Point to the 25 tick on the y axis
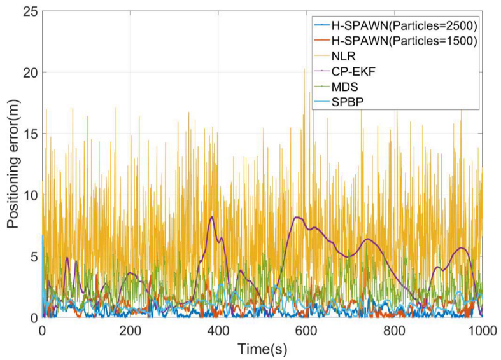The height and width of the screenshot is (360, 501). [x=29, y=11]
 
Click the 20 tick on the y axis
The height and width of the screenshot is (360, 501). [x=29, y=73]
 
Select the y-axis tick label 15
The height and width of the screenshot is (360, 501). [x=29, y=134]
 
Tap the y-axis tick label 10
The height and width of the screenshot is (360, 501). [x=29, y=195]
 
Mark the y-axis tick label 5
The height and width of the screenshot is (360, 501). [x=32, y=256]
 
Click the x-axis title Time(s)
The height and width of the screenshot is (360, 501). [x=262, y=349]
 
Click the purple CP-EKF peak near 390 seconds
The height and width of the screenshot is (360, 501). [x=211, y=217]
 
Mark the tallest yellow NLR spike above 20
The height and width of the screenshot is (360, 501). [x=304, y=69]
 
